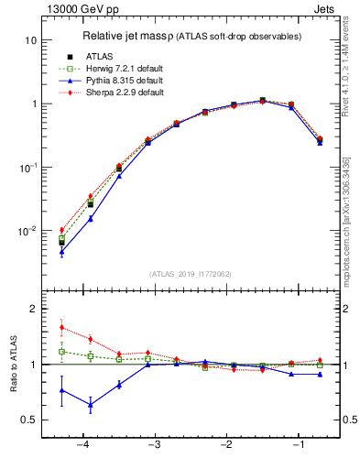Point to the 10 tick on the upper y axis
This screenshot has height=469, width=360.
coord(30,41)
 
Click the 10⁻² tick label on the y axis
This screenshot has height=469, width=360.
coord(27,231)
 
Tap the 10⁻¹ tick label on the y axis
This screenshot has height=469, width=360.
coord(27,168)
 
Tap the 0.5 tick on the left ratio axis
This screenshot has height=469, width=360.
coord(27,420)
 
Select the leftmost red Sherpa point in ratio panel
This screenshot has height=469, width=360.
coord(61,327)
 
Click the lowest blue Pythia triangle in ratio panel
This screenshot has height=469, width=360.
coord(90,404)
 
